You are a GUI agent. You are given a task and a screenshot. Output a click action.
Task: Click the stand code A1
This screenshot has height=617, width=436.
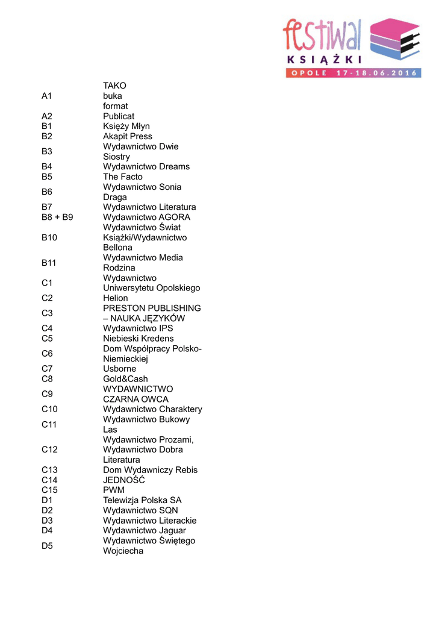tap(48, 96)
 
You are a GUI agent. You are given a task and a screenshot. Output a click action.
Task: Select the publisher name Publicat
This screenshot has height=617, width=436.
tap(119, 116)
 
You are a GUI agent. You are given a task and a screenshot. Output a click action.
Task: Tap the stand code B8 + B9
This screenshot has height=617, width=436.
tap(57, 217)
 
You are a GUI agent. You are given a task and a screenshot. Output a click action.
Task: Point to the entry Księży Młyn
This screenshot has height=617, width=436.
tap(126, 127)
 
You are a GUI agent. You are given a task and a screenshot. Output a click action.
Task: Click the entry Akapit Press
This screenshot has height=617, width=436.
tap(128, 136)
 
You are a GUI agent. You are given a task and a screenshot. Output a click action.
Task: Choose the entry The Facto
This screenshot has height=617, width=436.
tap(123, 177)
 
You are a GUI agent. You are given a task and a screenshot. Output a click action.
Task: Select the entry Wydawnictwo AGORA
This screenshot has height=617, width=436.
tap(146, 217)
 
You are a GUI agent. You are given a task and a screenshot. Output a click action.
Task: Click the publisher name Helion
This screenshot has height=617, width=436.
tap(116, 298)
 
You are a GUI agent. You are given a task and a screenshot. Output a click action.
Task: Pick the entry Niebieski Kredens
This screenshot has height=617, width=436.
tap(138, 339)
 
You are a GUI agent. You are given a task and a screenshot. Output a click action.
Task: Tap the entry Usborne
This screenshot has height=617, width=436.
tap(120, 369)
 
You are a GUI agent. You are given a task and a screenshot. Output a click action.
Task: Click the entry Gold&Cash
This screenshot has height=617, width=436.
tap(125, 379)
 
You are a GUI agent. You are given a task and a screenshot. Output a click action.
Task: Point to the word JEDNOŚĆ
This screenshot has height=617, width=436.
tap(124, 480)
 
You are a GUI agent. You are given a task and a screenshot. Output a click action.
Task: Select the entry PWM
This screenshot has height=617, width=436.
tap(114, 490)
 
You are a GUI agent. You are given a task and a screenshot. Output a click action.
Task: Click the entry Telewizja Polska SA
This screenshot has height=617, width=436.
tap(142, 500)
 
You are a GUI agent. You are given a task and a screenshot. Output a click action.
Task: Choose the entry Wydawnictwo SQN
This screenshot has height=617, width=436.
tap(140, 510)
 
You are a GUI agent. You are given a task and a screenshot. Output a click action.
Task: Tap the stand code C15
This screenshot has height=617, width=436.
tap(50, 490)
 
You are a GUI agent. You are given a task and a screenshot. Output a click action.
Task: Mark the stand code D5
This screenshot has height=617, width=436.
tap(47, 546)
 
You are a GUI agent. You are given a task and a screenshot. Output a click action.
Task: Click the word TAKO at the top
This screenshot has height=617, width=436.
tap(114, 86)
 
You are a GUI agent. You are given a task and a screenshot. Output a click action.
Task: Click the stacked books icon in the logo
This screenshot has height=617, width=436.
tap(395, 39)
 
